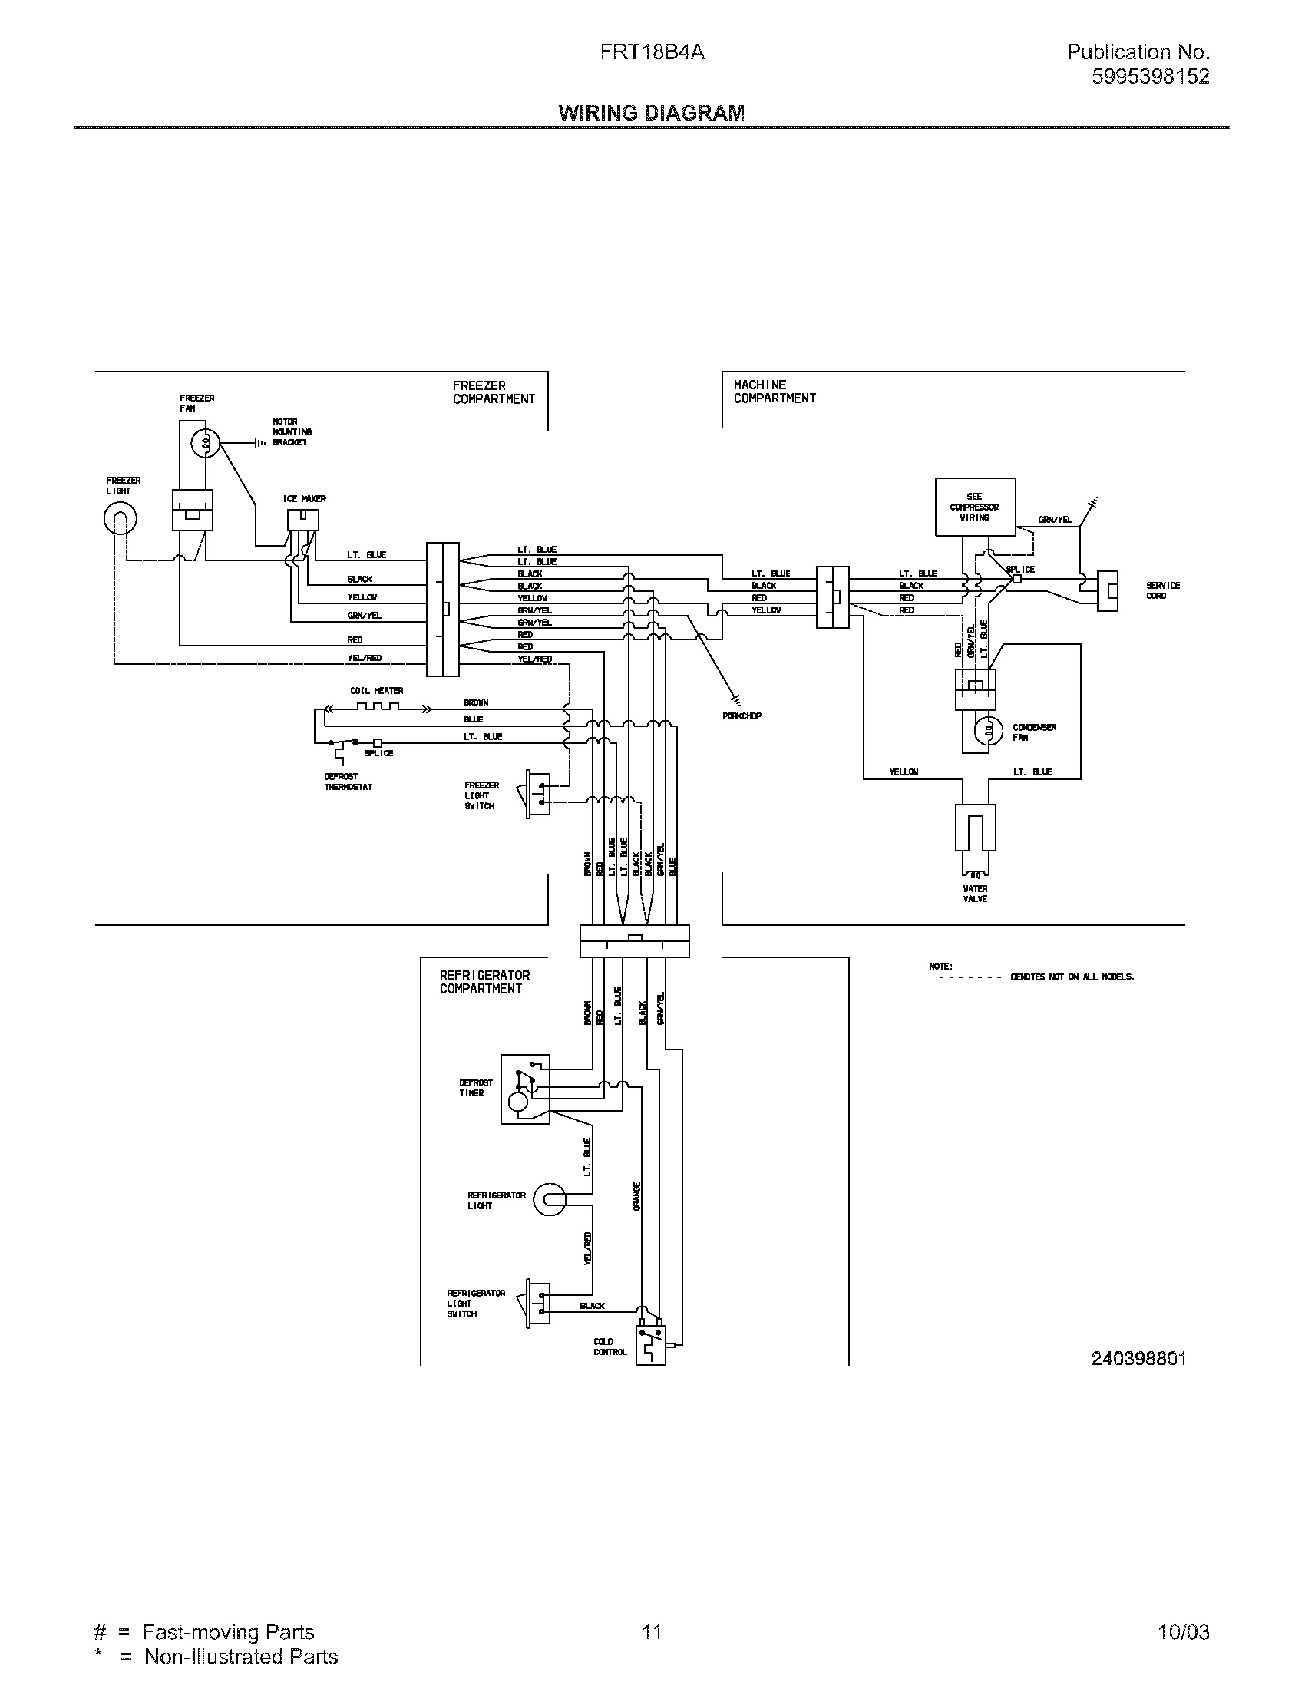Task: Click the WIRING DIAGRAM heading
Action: (651, 113)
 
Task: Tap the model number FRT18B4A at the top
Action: (652, 51)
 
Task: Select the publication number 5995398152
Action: (1151, 77)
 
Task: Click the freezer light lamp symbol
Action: (120, 519)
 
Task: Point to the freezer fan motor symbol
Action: (206, 443)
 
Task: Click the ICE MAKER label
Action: (305, 499)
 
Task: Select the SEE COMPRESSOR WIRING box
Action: (974, 507)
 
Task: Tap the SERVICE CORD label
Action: (1162, 591)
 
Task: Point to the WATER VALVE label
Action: (975, 894)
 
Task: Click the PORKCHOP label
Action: (742, 716)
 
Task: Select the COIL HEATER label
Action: (376, 691)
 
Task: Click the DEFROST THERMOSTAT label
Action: (348, 782)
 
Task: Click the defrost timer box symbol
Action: (525, 1089)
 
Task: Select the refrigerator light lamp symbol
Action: (550, 1199)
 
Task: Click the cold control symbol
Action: (650, 1346)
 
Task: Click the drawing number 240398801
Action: (1138, 1358)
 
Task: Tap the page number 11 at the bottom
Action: (651, 1631)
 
